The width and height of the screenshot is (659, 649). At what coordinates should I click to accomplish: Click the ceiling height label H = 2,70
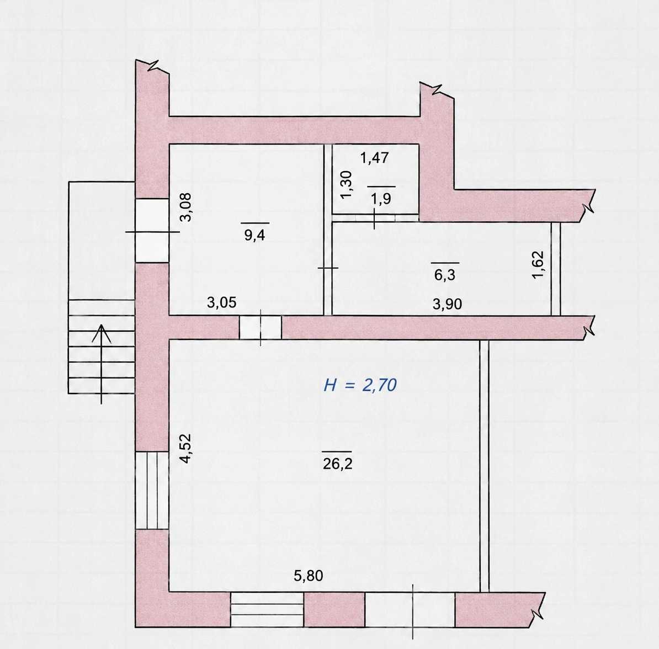tap(360, 385)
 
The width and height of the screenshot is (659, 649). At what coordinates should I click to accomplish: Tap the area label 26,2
tap(337, 464)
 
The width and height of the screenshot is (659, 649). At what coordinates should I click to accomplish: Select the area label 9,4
tap(254, 235)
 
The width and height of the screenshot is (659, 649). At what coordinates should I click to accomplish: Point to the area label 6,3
tap(445, 275)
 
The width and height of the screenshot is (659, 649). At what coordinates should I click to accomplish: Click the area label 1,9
tap(381, 199)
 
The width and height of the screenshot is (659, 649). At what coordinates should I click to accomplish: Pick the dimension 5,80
tap(309, 576)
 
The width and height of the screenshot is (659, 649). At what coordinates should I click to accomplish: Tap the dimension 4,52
tap(185, 449)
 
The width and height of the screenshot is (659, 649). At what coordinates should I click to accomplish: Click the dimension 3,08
tap(185, 207)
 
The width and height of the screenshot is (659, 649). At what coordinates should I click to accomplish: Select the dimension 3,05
tap(221, 302)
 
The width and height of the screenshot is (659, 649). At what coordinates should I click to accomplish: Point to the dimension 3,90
tap(447, 304)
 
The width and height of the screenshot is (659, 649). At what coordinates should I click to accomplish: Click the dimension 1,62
tap(538, 264)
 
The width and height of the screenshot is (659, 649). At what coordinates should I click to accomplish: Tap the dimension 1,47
tap(374, 158)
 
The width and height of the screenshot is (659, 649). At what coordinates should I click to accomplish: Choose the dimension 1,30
tap(346, 184)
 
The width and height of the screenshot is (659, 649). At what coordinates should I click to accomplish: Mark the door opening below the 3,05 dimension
tap(261, 327)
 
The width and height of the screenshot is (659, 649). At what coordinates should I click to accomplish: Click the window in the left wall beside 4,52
tap(152, 490)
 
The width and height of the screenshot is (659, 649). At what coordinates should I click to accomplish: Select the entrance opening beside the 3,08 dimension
tap(152, 231)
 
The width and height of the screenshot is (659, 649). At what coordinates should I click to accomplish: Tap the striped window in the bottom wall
tap(267, 609)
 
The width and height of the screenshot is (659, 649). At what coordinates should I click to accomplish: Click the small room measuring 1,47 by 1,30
tap(376, 179)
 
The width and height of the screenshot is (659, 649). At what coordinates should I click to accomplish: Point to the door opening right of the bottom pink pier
tap(410, 609)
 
